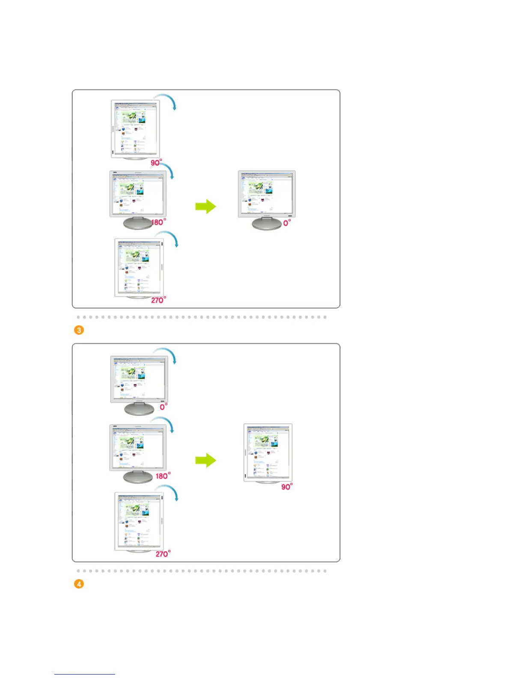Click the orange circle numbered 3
point(79,330)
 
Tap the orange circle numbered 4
point(79,584)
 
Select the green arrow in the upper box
point(206,206)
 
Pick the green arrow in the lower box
point(206,461)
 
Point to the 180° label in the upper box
point(159,222)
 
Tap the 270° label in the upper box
point(158,300)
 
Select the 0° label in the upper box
point(287,223)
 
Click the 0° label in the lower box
point(164,407)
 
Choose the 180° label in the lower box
point(163,476)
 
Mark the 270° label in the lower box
point(163,554)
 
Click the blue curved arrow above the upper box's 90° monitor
point(167,100)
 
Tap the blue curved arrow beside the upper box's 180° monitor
point(167,170)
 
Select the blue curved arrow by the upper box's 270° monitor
point(169,238)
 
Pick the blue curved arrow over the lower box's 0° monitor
point(167,354)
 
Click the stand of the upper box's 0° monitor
point(266,223)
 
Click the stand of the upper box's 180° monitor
point(138,223)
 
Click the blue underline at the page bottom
point(85,674)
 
